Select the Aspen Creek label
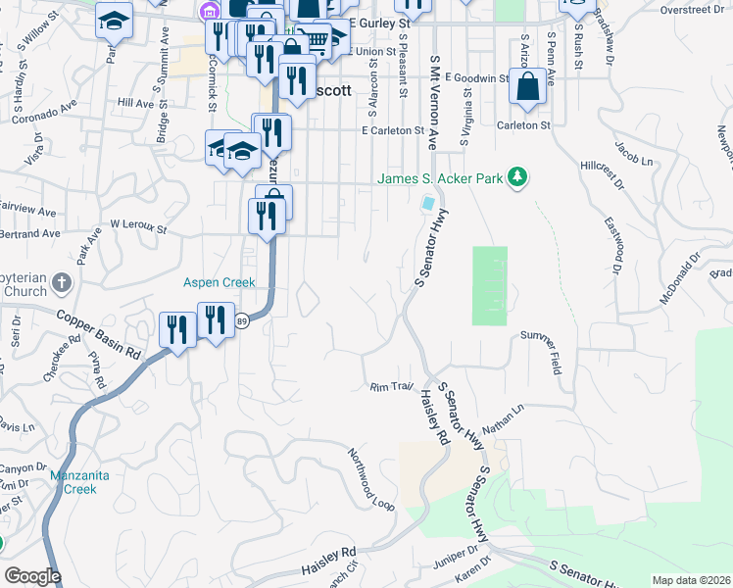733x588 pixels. click(x=220, y=282)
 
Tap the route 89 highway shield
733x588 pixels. click(x=240, y=321)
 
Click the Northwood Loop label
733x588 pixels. click(x=370, y=479)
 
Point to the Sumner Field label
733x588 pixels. click(x=542, y=354)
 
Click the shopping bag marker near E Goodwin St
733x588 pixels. click(x=527, y=87)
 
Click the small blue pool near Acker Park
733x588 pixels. click(x=428, y=204)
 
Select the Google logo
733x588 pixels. click(x=32, y=576)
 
